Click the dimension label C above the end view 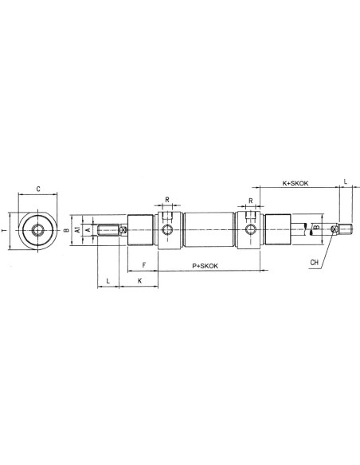[38, 189]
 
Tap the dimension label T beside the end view [4, 230]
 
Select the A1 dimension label [77, 229]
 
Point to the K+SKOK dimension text [295, 183]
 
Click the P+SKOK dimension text [205, 266]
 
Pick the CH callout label [314, 262]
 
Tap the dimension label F [144, 265]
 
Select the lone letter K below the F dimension [139, 280]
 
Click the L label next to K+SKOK [345, 182]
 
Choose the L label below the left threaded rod [108, 280]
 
